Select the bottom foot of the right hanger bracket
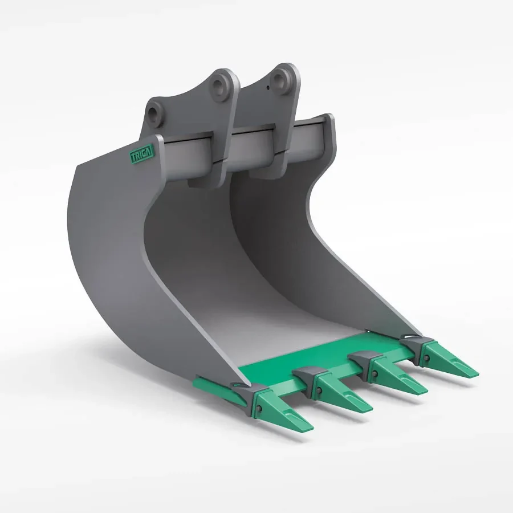(x=272, y=170)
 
